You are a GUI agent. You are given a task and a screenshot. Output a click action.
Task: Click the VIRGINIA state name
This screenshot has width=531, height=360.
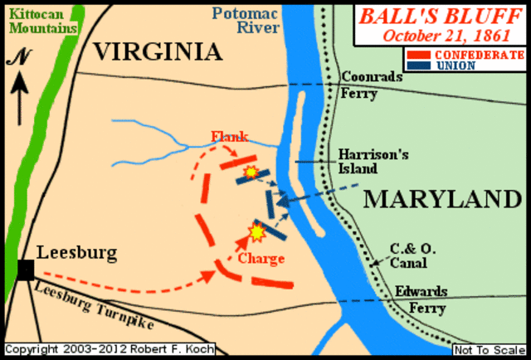click(158, 52)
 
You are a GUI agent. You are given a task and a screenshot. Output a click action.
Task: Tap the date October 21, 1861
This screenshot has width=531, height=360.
click(441, 36)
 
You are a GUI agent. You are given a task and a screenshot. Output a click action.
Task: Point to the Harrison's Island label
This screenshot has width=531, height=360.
click(358, 161)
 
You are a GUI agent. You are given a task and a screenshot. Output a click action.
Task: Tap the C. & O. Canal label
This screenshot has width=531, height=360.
click(408, 256)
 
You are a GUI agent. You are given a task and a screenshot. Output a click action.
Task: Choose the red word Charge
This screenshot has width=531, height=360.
click(261, 258)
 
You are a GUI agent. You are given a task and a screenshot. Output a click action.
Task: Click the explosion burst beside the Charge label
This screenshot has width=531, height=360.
click(257, 233)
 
